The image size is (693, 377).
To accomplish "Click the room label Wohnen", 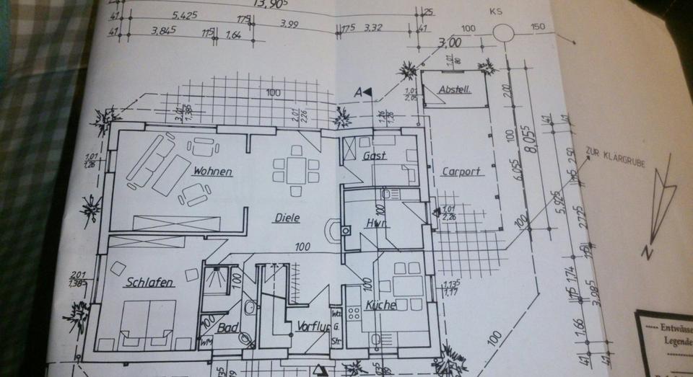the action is (212, 172).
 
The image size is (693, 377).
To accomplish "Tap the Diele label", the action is (286, 218).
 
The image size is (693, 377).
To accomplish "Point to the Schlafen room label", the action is (149, 283).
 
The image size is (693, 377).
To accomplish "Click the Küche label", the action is (380, 306).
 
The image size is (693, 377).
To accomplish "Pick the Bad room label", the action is (229, 328).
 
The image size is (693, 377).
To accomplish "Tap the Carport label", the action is (461, 172).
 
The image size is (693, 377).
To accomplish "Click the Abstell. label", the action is (456, 89).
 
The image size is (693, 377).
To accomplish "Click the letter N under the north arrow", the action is (648, 252).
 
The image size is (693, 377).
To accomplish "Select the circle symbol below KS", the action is (504, 32).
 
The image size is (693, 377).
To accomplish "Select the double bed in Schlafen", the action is (147, 323).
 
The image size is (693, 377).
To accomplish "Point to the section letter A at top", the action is (357, 92).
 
